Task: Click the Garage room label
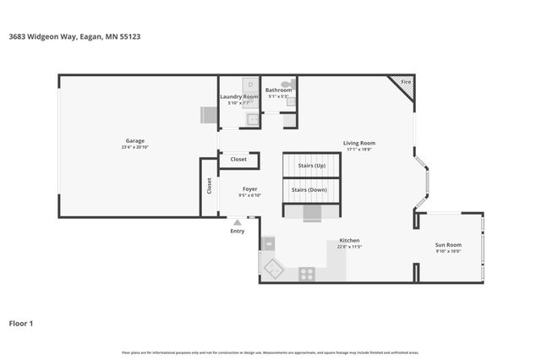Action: [134, 140]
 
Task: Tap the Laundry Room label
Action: [239, 96]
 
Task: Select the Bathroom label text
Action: [278, 90]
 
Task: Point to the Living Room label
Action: [358, 143]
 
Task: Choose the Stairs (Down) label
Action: [309, 190]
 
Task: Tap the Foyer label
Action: [249, 188]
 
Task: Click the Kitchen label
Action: [350, 240]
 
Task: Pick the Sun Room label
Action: [448, 244]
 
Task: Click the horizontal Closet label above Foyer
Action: [238, 159]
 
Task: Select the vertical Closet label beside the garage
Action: [209, 186]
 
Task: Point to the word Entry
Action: [238, 231]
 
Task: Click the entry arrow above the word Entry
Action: [238, 222]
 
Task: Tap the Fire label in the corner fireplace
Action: [405, 82]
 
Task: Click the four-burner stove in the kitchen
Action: [306, 273]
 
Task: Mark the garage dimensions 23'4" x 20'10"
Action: [134, 148]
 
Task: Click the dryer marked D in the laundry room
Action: [250, 85]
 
